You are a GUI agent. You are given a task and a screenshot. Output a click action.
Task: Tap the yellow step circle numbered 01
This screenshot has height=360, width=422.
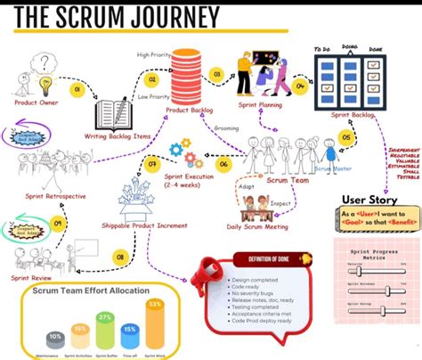77,90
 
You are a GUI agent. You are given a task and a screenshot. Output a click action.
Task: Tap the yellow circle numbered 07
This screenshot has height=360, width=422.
152,163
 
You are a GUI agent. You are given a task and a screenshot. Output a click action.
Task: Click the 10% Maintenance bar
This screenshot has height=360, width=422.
55,340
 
